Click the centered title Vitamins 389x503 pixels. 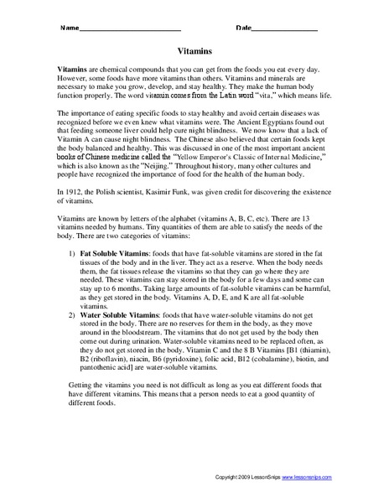194,50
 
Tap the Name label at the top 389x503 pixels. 68,28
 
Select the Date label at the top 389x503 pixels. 244,28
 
